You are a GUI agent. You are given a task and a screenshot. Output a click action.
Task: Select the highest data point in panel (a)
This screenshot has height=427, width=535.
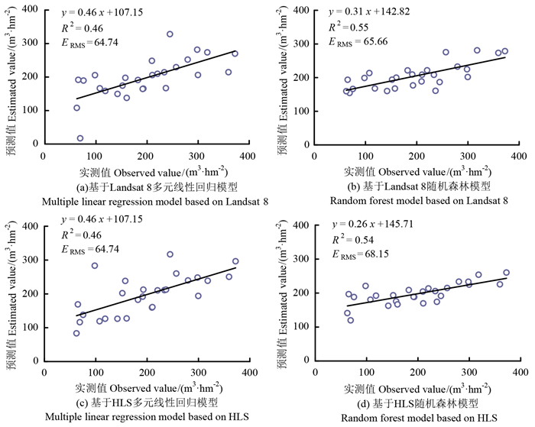(170, 34)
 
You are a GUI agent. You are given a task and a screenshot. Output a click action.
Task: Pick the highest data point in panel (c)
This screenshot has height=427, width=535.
(170, 254)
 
